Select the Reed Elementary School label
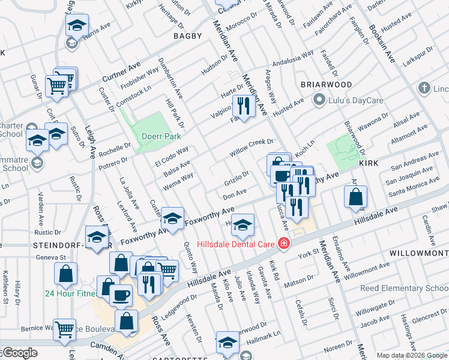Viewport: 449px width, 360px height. [404, 289]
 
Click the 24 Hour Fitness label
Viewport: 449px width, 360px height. [67, 294]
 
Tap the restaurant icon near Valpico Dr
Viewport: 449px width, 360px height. [243, 106]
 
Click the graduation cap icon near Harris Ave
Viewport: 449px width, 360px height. [76, 26]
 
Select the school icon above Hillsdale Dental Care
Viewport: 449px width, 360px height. [243, 225]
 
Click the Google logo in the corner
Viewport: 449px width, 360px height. [19, 353]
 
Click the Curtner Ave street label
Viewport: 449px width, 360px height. [121, 71]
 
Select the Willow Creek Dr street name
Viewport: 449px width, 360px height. [251, 148]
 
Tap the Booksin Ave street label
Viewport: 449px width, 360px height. [381, 43]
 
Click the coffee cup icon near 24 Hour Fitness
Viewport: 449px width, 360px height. [121, 296]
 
